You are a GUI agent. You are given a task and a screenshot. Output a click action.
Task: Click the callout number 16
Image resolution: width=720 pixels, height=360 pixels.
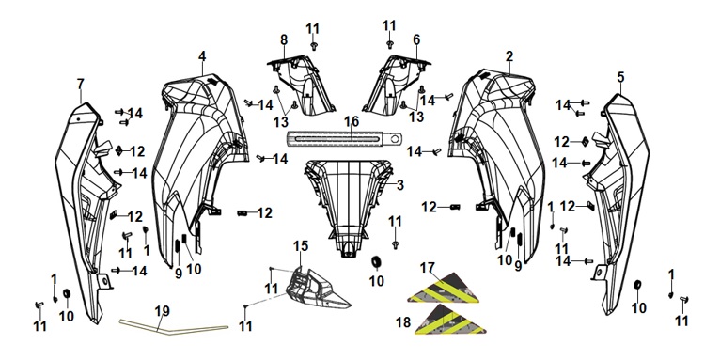352,122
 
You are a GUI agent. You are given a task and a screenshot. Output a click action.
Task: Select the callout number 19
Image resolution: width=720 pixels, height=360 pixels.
162,311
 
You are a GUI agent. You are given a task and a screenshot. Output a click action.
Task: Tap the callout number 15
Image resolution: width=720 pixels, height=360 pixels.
301,246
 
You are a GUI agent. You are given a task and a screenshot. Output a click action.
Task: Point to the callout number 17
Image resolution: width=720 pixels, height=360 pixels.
427,268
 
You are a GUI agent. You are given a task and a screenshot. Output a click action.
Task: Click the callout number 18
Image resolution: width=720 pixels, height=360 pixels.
403,322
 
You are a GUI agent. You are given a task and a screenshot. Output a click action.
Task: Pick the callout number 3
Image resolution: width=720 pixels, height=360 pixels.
400,185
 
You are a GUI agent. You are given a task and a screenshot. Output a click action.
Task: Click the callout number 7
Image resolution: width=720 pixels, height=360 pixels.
80,84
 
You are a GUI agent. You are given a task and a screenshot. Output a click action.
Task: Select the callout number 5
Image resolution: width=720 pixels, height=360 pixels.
620,78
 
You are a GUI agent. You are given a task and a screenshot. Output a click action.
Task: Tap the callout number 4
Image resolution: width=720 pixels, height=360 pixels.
202,56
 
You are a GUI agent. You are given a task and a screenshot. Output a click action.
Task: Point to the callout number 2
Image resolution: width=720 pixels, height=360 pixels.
509,56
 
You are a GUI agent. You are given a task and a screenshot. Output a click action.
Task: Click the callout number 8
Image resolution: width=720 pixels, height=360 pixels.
284,40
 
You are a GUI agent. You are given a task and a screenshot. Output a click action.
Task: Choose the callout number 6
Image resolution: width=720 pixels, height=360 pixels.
416,40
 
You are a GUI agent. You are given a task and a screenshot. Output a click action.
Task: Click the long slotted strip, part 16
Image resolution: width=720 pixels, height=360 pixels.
344,138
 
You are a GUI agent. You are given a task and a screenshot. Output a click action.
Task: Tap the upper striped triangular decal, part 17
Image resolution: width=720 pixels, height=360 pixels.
444,289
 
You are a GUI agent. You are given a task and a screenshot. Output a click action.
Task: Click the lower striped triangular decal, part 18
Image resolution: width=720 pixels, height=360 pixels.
450,320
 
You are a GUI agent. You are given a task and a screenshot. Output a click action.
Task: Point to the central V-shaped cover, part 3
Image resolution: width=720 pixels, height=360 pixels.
348,202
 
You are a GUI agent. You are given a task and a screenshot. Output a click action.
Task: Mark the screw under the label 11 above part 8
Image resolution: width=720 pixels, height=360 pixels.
314,46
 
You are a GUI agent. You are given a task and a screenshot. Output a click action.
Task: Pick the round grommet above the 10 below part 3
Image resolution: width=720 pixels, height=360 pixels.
377,261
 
